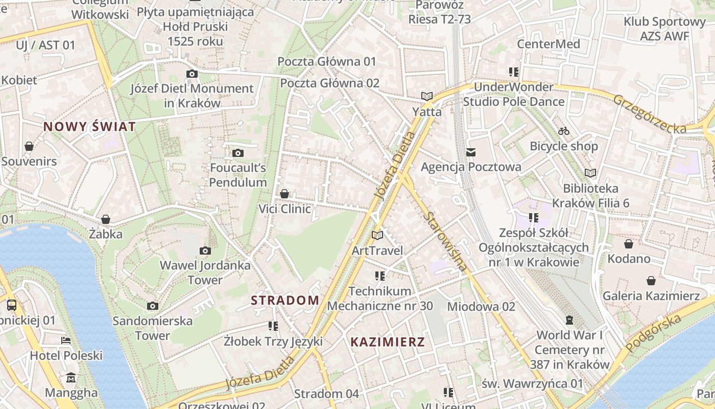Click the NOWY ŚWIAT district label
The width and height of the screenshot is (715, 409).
(89, 126)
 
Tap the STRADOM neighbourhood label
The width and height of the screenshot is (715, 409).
(285, 300)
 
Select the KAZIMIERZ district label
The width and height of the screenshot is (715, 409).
(388, 342)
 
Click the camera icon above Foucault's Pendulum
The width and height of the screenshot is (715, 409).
(238, 153)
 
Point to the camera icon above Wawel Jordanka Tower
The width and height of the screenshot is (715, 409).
(205, 251)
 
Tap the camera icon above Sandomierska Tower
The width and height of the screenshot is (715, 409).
(152, 306)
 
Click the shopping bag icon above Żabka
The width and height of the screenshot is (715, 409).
(106, 219)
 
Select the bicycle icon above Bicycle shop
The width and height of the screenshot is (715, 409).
(564, 131)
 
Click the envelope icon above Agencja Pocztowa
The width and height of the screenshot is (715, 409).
(471, 152)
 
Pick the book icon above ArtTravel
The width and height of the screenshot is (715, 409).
(377, 235)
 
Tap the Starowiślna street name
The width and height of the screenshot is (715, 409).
(446, 241)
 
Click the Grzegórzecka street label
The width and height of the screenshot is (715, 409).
(650, 114)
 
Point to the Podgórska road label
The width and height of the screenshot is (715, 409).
(654, 333)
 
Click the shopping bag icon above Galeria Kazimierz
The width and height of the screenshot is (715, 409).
(651, 281)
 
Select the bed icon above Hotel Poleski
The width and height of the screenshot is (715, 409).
(66, 340)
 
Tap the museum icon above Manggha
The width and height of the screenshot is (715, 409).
(71, 378)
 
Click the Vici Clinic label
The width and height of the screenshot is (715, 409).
(284, 209)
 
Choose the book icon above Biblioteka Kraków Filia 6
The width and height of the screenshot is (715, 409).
(590, 173)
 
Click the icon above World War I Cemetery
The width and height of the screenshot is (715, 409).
(569, 321)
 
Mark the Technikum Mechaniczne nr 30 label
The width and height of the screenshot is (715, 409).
(380, 299)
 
